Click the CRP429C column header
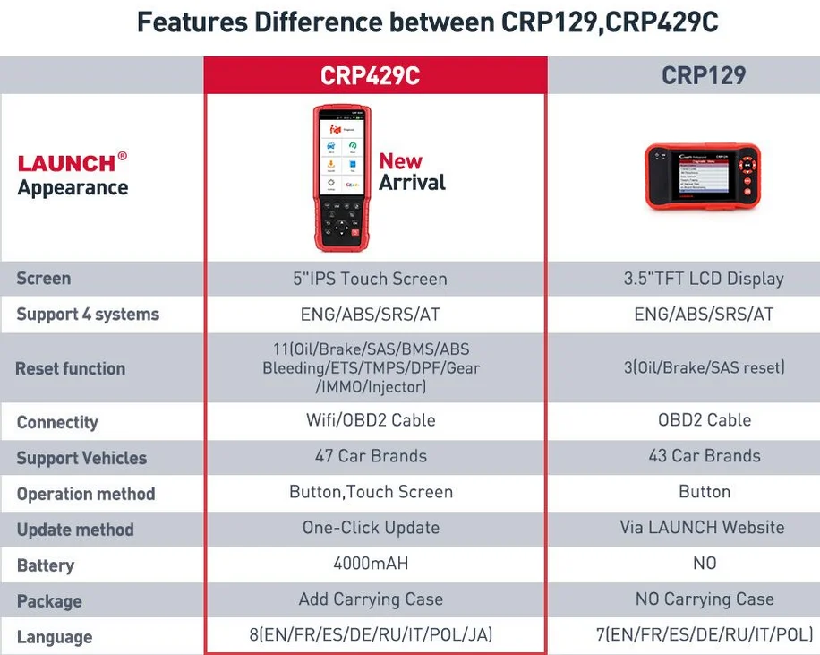click(x=370, y=76)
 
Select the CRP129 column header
click(x=704, y=75)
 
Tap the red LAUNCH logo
click(x=66, y=163)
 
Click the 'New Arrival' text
click(x=411, y=172)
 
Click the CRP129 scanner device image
click(x=703, y=177)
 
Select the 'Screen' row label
click(x=43, y=279)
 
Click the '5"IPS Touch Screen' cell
click(x=370, y=279)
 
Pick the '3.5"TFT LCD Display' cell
click(x=704, y=279)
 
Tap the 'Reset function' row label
click(x=70, y=368)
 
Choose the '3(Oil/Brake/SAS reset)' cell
click(x=704, y=367)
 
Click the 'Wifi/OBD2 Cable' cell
click(x=371, y=420)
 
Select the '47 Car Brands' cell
click(x=371, y=456)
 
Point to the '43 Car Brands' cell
click(x=705, y=456)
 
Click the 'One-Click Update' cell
click(x=371, y=528)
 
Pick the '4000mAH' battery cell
click(x=371, y=564)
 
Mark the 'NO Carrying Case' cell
click(x=705, y=599)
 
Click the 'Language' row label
click(x=54, y=637)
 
